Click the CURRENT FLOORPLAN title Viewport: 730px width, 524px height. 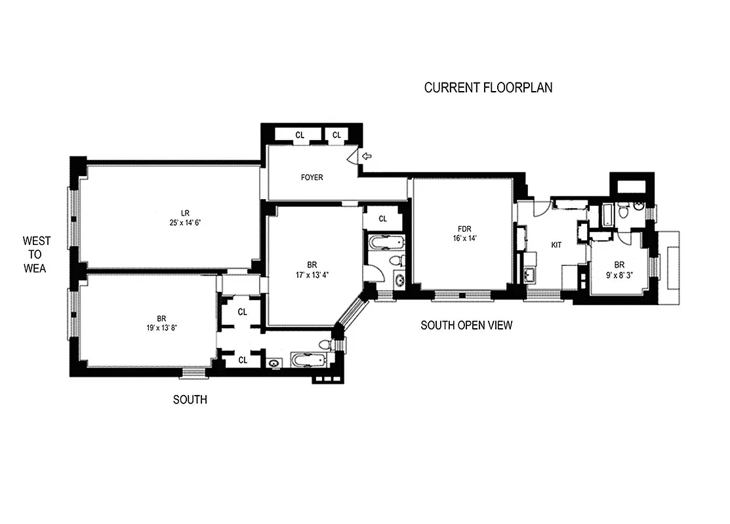point(488,88)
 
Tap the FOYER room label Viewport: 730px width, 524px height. point(312,178)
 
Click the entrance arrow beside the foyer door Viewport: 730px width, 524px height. point(367,157)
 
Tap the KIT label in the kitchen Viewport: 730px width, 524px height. point(556,245)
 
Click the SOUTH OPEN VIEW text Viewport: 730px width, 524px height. point(466,325)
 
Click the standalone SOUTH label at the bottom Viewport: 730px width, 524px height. point(190,400)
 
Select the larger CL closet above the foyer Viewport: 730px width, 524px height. point(300,136)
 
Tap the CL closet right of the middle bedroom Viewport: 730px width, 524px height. point(382,219)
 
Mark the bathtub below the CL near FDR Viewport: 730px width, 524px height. point(385,243)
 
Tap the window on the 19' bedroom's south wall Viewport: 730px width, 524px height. point(193,374)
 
